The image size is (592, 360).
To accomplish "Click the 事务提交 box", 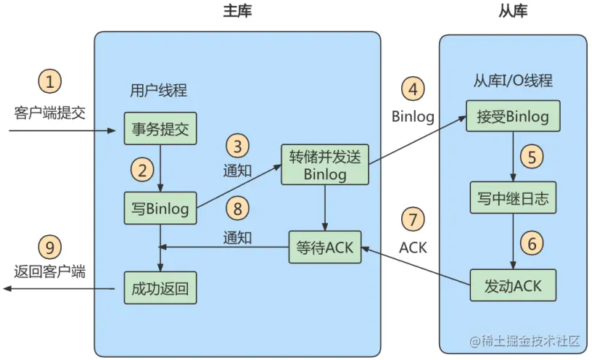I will coord(160,130).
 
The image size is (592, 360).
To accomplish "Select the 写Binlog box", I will coord(160,209).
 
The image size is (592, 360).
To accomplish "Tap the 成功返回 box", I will coord(160,287).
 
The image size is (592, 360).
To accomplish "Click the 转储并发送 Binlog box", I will coord(326,165).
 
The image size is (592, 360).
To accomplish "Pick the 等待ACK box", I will coord(324,247).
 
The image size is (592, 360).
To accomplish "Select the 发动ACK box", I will coord(512,285).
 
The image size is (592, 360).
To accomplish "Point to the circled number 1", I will coord(49,82).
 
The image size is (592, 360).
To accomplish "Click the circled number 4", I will coord(413,90).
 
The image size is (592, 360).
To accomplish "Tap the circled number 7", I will coord(413,218).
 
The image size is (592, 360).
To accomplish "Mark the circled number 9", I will coord(49,247).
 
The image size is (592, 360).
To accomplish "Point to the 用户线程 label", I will coord(158,91).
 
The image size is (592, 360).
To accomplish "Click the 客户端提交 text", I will coord(49,112).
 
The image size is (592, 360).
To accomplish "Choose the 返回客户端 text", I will coord(49,272).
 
